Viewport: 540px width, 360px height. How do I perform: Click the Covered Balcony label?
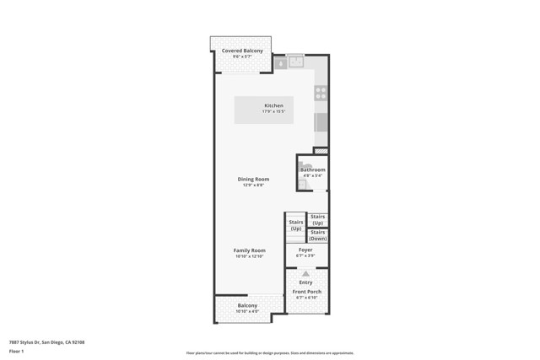(242, 51)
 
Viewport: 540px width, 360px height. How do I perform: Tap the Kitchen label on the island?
(273, 105)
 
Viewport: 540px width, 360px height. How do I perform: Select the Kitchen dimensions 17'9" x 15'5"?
(273, 111)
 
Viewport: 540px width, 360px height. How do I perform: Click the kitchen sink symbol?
(296, 62)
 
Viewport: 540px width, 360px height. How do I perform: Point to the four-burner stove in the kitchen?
(321, 93)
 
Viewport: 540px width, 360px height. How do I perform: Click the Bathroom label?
(313, 169)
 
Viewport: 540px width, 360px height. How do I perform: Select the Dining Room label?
(253, 179)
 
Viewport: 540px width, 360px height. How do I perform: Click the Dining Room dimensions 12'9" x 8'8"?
(253, 185)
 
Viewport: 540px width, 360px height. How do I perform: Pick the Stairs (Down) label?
(318, 235)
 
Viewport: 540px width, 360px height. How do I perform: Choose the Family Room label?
(250, 250)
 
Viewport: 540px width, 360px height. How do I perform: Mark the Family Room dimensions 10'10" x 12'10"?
(250, 256)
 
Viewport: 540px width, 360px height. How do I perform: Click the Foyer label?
(305, 250)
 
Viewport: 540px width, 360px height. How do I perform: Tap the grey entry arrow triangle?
(305, 274)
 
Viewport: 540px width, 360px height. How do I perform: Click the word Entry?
(305, 282)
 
